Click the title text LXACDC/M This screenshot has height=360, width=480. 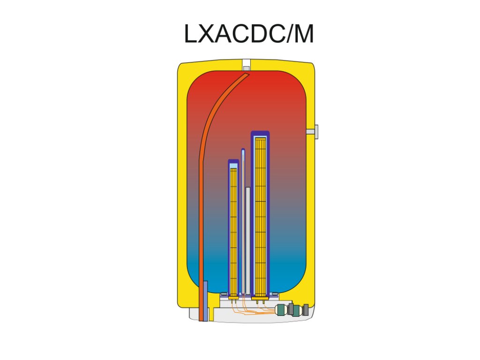[248, 35]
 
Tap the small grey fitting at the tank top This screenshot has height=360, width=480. [246, 68]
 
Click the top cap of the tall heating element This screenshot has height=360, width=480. [260, 134]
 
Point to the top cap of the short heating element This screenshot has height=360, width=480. [233, 162]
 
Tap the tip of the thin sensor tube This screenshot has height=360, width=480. [243, 151]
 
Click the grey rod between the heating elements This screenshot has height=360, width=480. [247, 239]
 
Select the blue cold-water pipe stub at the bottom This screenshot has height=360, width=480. [205, 300]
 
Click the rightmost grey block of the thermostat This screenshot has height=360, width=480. [306, 309]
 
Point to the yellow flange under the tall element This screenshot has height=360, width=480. [260, 297]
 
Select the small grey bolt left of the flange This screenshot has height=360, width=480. [224, 294]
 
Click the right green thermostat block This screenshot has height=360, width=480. [296, 310]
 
